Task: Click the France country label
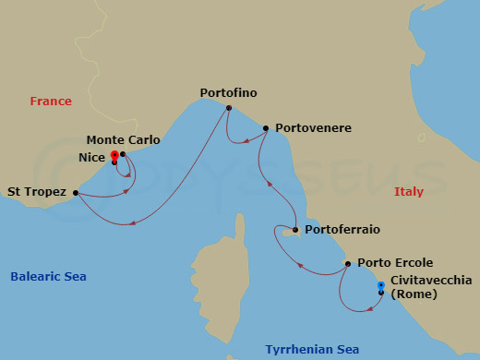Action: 51,102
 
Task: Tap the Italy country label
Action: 409,191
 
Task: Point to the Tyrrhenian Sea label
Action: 312,349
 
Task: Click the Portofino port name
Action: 228,93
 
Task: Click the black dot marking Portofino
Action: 228,108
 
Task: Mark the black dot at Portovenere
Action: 266,128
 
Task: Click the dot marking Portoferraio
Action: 294,230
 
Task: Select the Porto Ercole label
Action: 395,263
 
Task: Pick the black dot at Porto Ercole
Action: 347,264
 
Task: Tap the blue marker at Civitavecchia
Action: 381,285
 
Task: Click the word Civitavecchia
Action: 431,280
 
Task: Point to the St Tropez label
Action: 37,193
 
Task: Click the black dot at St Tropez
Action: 76,193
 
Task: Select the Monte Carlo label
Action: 123,140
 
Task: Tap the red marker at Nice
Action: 114,155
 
